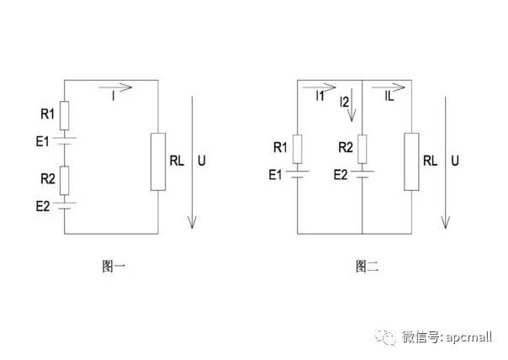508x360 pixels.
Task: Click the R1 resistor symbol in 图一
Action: (66, 114)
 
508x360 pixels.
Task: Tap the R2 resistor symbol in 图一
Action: (66, 179)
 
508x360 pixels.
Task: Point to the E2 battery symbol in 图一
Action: (66, 204)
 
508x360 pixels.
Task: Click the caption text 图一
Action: (114, 267)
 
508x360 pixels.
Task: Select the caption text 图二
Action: (368, 267)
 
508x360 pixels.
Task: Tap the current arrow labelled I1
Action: (320, 86)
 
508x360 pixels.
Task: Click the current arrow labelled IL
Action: (387, 86)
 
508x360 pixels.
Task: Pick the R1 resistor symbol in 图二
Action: (296, 148)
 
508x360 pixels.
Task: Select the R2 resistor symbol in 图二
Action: (362, 148)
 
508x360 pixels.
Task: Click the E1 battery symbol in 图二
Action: (296, 174)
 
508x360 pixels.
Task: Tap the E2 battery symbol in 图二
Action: (362, 174)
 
